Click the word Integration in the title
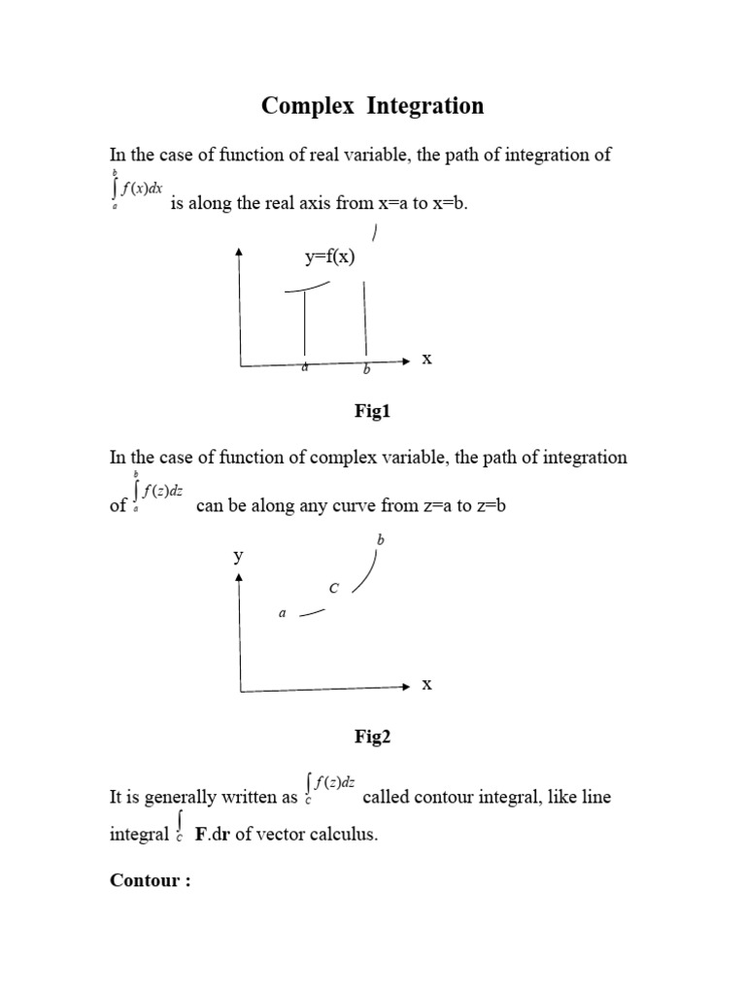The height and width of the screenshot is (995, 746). (424, 106)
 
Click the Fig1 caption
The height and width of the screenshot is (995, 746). (372, 412)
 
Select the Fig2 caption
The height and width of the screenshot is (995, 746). (372, 738)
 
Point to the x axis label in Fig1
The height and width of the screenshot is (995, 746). (425, 360)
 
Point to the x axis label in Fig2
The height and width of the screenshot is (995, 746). (425, 685)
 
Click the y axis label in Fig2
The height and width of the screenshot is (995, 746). (237, 557)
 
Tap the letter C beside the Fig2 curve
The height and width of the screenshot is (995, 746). (334, 589)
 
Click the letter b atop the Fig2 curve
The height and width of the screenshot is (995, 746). (381, 539)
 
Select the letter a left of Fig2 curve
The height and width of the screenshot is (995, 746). (283, 613)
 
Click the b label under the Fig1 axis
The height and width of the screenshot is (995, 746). (366, 370)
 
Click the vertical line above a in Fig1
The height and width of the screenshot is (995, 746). (305, 326)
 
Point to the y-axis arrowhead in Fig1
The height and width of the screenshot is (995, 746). (239, 253)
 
